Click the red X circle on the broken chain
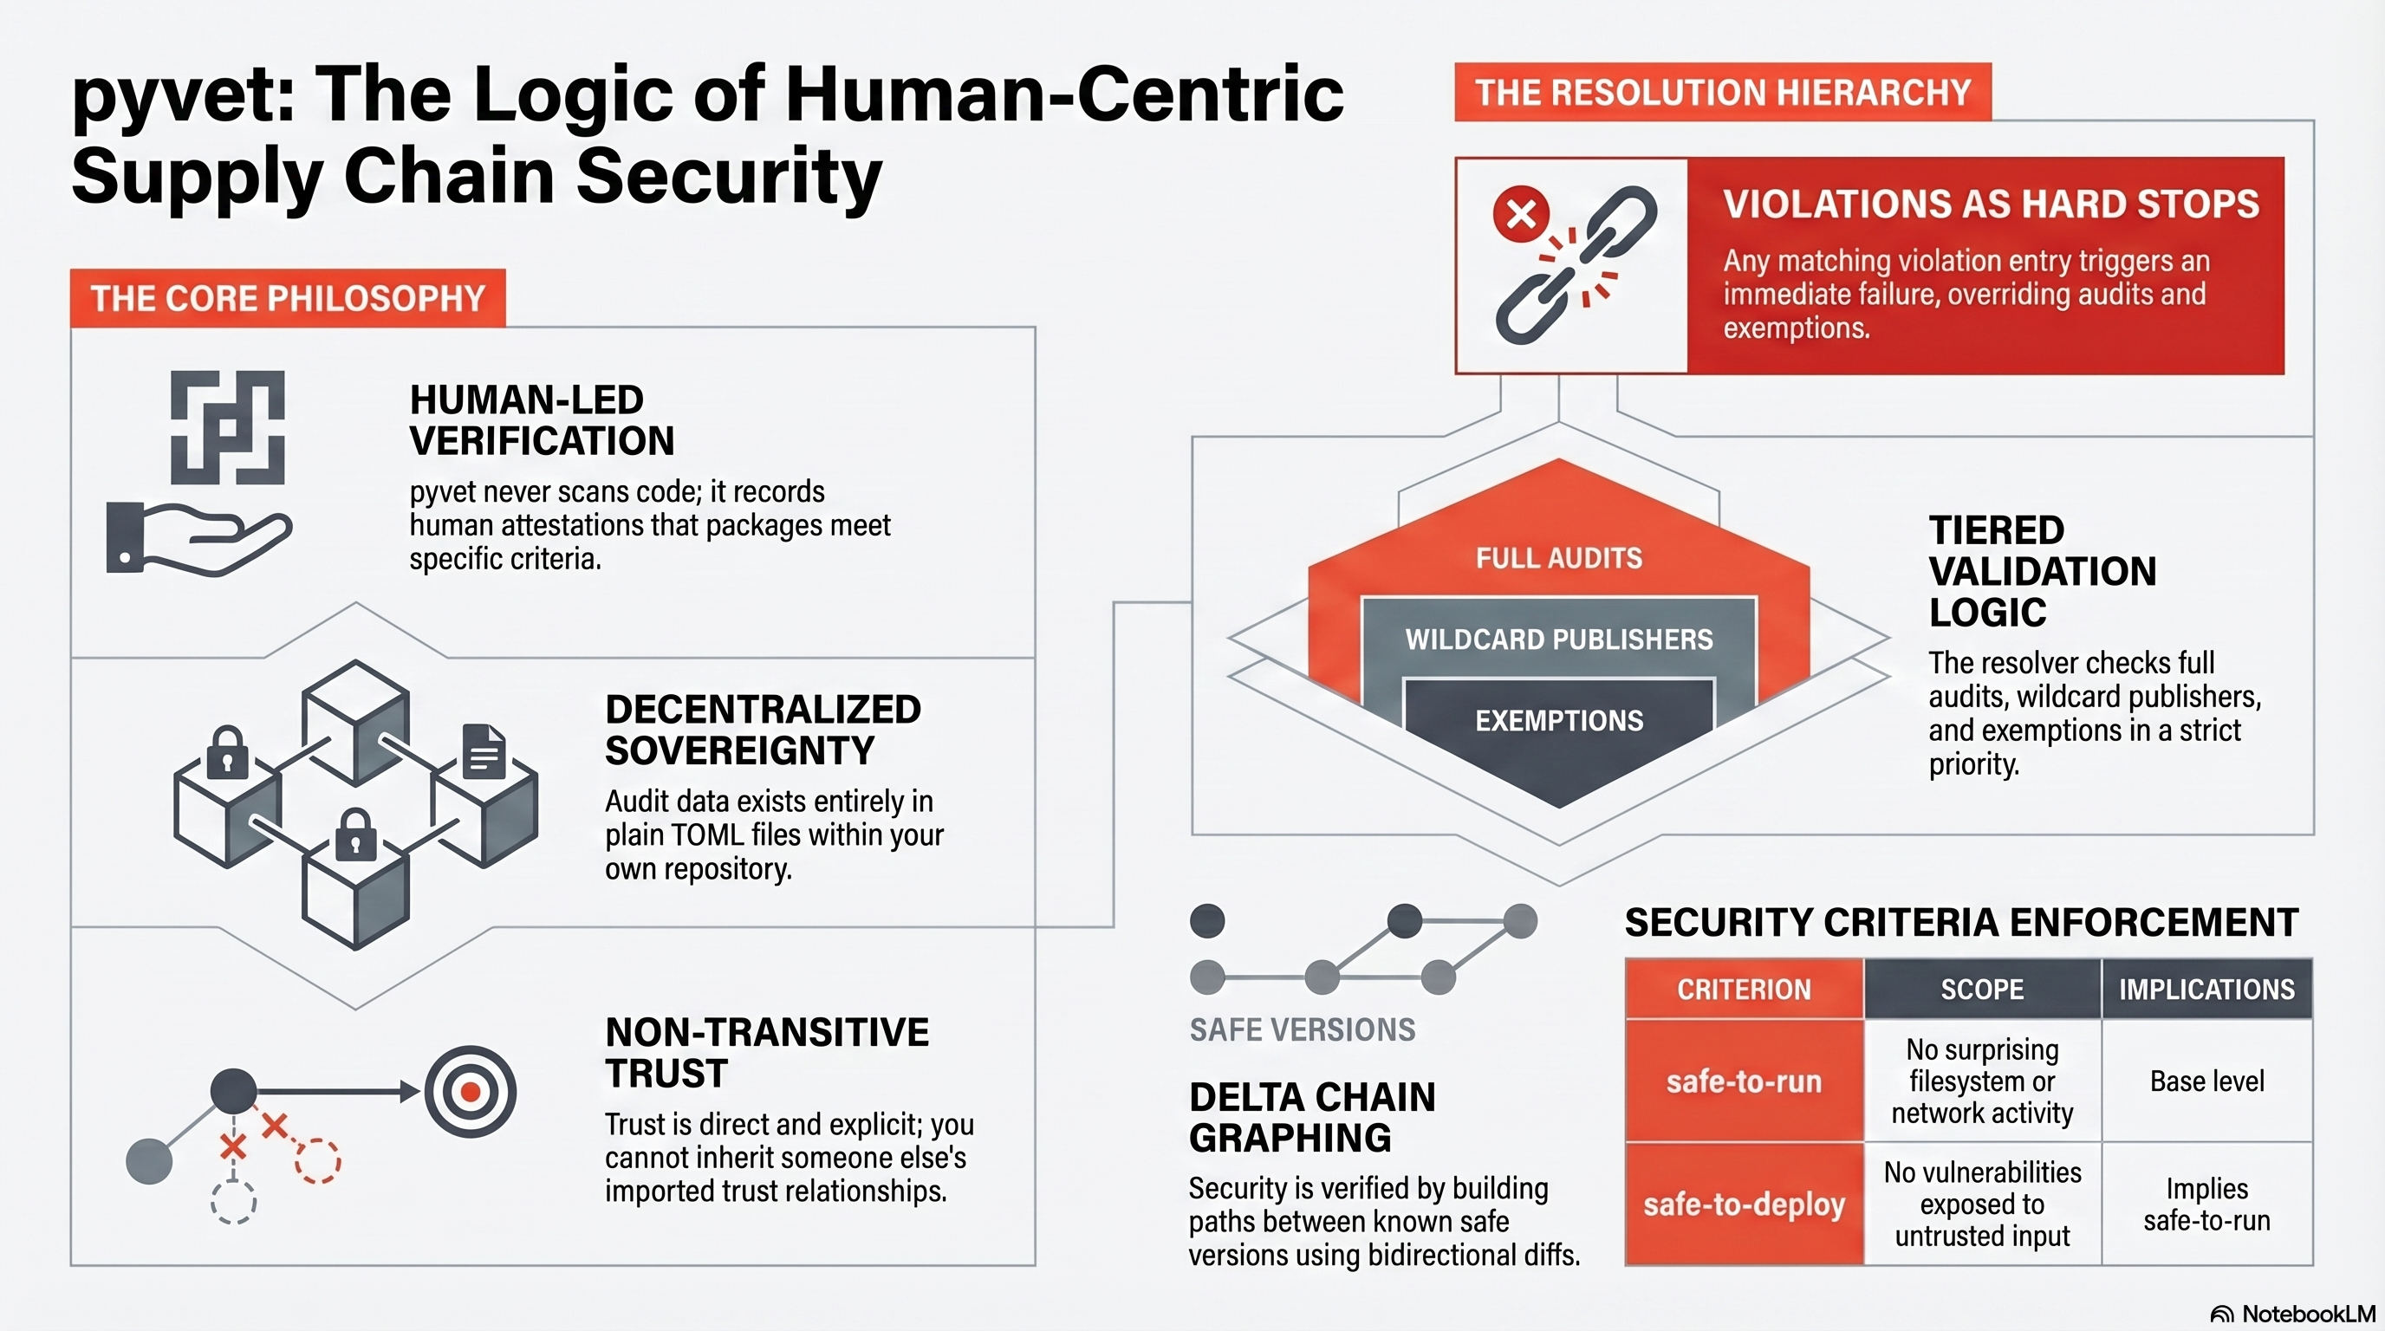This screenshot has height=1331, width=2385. [x=1520, y=215]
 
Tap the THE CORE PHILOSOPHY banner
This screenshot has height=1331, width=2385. [x=288, y=298]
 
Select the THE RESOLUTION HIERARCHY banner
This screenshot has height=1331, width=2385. [x=1722, y=93]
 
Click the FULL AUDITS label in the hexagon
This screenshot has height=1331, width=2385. [x=1559, y=558]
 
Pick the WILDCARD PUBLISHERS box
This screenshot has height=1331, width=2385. [x=1559, y=639]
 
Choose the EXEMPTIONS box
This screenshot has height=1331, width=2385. [x=1559, y=720]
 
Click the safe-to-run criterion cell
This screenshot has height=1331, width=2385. [x=1744, y=1081]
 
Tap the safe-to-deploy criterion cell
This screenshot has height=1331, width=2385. [x=1744, y=1204]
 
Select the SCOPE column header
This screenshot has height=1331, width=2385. [x=1982, y=990]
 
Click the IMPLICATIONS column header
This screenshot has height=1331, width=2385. [x=2207, y=990]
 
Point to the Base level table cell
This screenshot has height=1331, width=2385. [x=2207, y=1081]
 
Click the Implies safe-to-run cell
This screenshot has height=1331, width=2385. [x=2207, y=1204]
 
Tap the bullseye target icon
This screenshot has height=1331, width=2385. [x=471, y=1092]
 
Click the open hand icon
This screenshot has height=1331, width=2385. [x=199, y=540]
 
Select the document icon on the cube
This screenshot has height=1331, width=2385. [x=484, y=750]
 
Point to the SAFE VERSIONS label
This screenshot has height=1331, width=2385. [x=1302, y=1029]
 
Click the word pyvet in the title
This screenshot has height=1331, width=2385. [x=184, y=96]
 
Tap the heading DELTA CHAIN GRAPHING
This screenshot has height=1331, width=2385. [x=1312, y=1117]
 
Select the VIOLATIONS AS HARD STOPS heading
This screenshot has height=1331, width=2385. [x=1991, y=204]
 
